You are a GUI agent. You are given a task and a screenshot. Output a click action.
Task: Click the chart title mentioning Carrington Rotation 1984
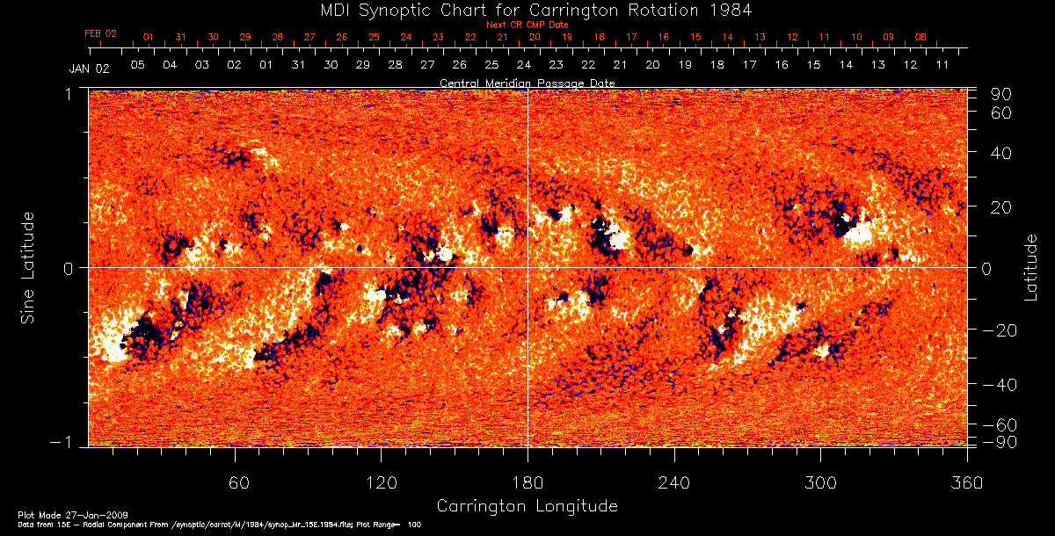pos(527,10)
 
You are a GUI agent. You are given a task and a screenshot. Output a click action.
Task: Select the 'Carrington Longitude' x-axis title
pos(527,506)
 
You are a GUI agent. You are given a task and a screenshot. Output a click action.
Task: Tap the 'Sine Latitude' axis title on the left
pos(28,267)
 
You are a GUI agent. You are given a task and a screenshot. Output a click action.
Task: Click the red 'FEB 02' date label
pos(100,33)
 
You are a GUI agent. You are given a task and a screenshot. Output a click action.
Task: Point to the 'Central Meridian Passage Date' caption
pos(527,83)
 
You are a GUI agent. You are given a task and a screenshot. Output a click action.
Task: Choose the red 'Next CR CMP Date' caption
pos(527,25)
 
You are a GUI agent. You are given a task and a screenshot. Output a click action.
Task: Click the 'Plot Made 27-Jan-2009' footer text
pos(55,513)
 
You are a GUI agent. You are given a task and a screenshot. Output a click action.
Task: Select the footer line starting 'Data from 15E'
pos(211,523)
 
